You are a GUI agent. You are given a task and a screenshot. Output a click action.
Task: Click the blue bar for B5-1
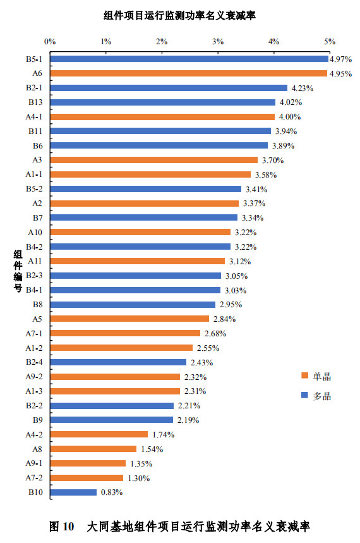[x=189, y=59]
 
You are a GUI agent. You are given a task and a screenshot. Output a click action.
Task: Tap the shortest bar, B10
[x=73, y=492]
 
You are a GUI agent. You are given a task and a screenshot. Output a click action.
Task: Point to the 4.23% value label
[x=301, y=88]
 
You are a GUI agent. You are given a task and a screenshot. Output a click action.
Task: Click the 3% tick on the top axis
[x=218, y=41]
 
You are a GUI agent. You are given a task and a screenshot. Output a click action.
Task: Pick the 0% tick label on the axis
[x=50, y=41]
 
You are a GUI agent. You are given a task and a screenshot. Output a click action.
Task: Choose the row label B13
[x=35, y=102]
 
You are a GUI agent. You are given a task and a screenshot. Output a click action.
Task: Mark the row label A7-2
[x=34, y=478]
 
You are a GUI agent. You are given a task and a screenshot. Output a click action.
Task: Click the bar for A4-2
[x=99, y=434]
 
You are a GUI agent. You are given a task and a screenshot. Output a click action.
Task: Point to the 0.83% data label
[x=112, y=492]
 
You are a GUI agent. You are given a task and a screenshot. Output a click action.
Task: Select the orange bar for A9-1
[x=88, y=463]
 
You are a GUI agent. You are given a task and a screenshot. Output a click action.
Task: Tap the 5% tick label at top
[x=329, y=41]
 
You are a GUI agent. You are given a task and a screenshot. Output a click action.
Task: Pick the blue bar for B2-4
[x=118, y=362]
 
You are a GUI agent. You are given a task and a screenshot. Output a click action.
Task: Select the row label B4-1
[x=34, y=290]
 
